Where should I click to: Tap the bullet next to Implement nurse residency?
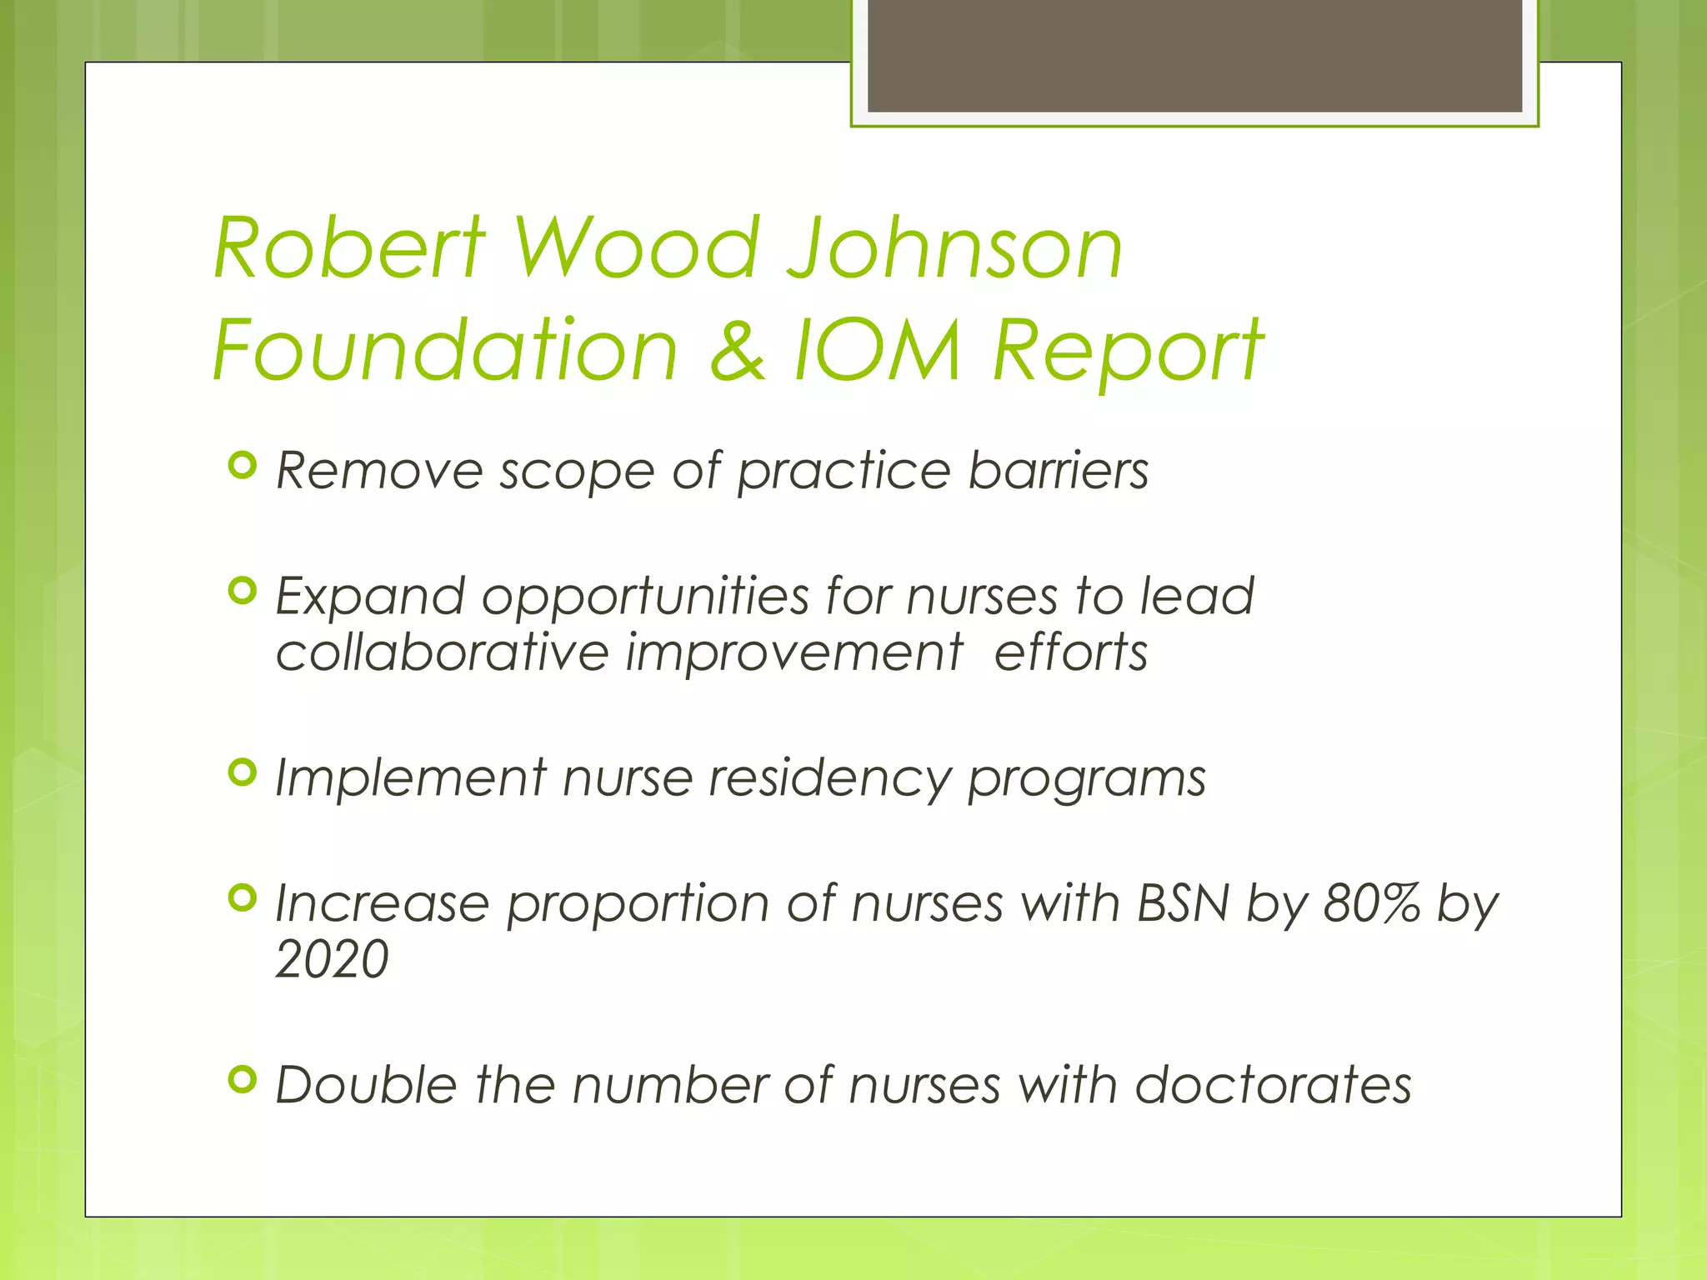[242, 772]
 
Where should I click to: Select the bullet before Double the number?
[242, 1080]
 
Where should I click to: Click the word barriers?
[1059, 471]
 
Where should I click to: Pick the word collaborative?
[443, 652]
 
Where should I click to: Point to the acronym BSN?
[1183, 903]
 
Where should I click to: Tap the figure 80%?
[1371, 903]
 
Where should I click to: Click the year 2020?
[332, 959]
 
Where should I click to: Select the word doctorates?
[1273, 1086]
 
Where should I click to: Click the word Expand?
[370, 597]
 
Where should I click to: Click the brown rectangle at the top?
[1194, 55]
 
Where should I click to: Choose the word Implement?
[411, 779]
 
